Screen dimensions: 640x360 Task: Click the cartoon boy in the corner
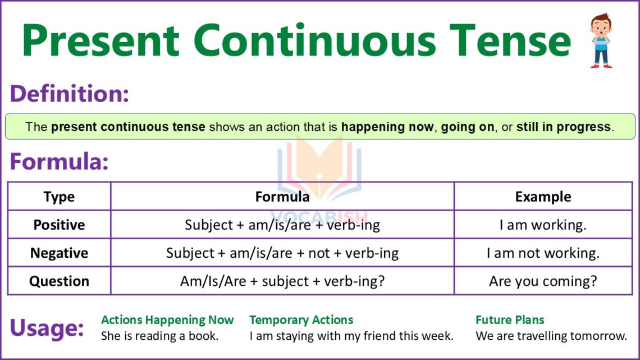[601, 40]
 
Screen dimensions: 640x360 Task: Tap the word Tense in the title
[510, 40]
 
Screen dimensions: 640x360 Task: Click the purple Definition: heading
[70, 93]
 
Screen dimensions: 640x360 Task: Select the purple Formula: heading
[59, 161]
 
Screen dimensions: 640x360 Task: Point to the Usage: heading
[47, 328]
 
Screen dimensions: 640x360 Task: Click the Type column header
[59, 197]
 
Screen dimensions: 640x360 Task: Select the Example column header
[543, 197]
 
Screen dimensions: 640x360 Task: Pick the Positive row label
[59, 225]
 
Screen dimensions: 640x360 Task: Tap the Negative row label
[59, 253]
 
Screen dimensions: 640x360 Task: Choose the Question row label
[59, 281]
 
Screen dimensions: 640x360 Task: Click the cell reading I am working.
[543, 225]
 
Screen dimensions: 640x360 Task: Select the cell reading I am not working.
[543, 253]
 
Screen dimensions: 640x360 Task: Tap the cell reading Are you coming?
[543, 281]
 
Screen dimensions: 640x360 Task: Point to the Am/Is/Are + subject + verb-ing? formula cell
[282, 281]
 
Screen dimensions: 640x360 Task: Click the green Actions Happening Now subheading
[167, 320]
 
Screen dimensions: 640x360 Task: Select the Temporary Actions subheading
[301, 320]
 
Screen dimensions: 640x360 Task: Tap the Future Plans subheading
[510, 320]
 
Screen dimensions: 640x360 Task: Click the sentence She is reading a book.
[159, 336]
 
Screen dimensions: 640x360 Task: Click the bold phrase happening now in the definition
[387, 127]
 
